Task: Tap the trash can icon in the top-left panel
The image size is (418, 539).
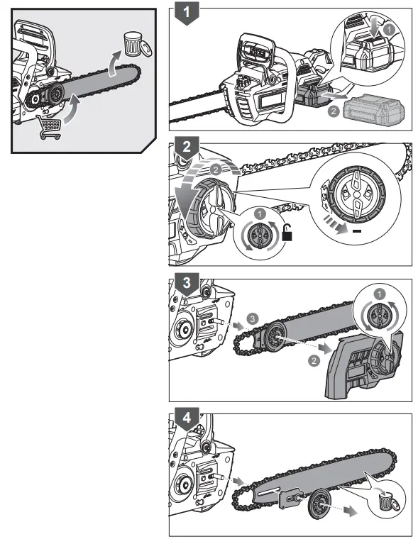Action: tap(132, 43)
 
